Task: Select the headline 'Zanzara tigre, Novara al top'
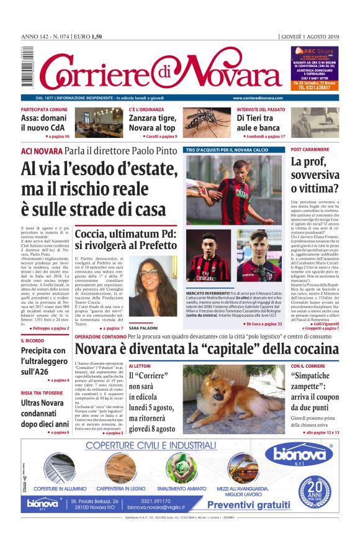point(153,123)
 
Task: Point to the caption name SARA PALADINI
point(144,327)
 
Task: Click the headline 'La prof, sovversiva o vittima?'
point(315,176)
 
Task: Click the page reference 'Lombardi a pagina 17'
point(261,136)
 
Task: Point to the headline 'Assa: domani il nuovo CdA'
point(44,123)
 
